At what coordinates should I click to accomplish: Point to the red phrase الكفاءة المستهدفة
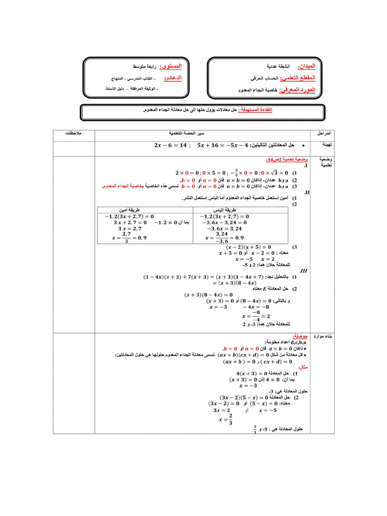[258, 110]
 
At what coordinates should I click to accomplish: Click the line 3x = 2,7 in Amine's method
[128, 228]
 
